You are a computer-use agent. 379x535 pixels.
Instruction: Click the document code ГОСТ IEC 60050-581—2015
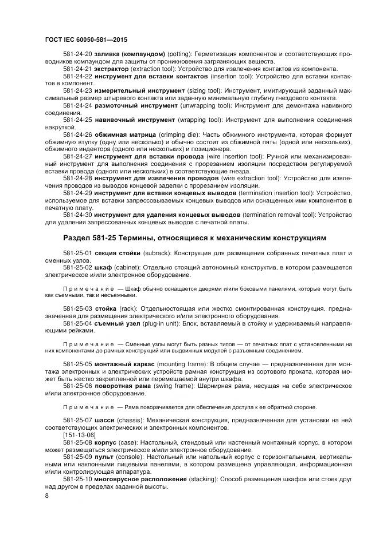click(85, 40)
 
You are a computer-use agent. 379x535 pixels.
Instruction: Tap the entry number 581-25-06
click(78, 386)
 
